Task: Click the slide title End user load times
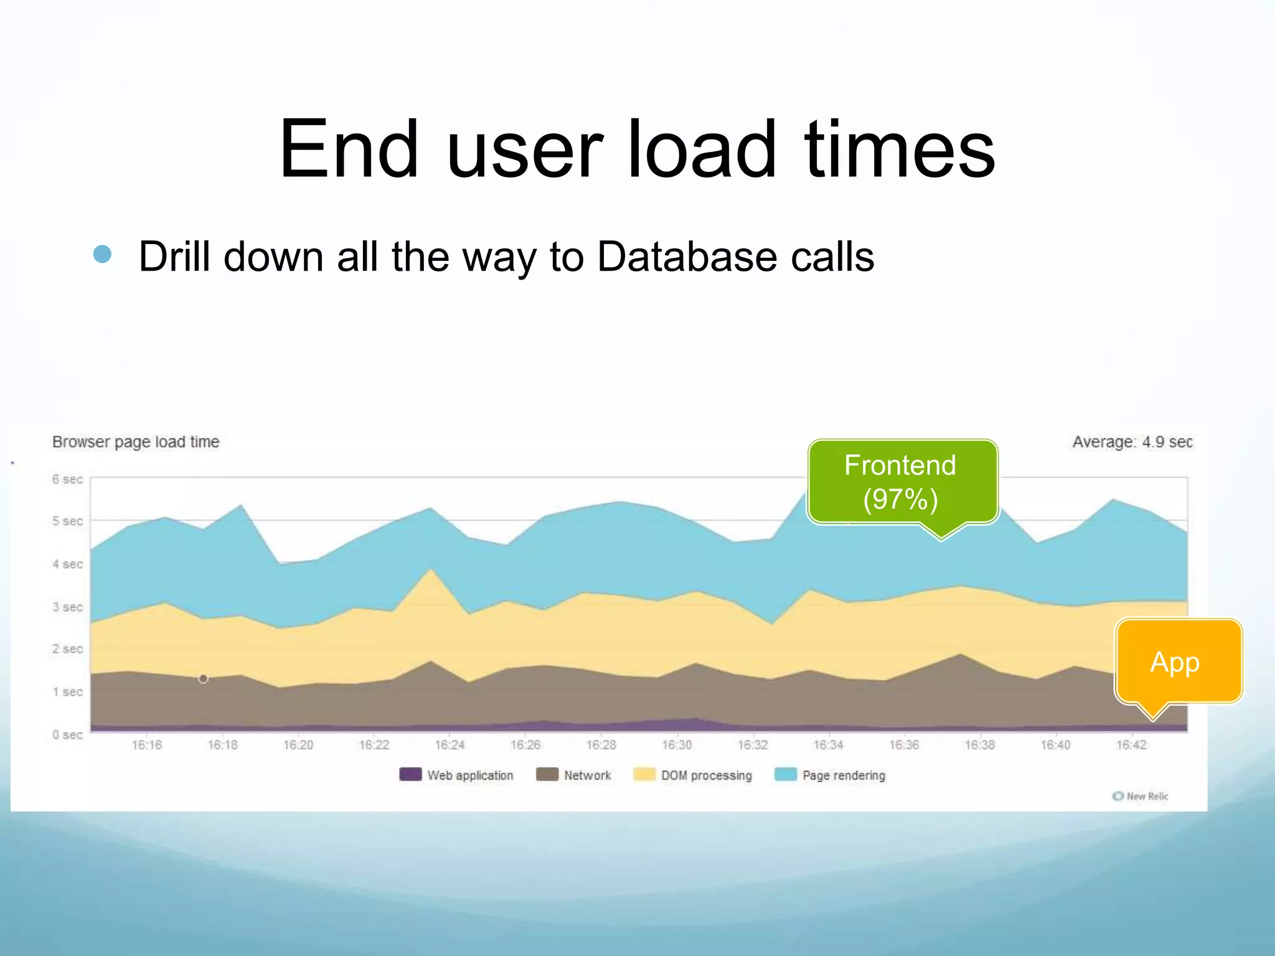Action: [637, 149]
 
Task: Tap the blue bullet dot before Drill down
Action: [102, 254]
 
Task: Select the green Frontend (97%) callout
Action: [901, 482]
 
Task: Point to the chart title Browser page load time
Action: [136, 442]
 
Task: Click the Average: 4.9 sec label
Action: [1132, 442]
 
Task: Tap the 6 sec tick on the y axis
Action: [67, 479]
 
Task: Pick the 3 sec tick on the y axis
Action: [67, 607]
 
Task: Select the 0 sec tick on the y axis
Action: [67, 735]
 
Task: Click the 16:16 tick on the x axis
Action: [147, 745]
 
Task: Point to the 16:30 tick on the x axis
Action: [677, 745]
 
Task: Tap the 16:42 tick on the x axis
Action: [1131, 745]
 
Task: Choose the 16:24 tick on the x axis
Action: [449, 745]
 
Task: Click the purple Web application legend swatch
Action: [410, 774]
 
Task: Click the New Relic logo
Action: [1141, 796]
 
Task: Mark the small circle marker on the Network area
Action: [203, 678]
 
